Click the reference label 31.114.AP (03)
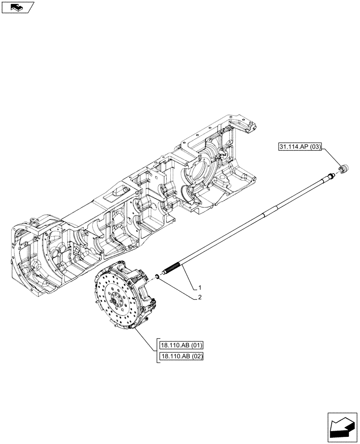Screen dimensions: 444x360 point(301,147)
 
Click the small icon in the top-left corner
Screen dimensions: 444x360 point(18,7)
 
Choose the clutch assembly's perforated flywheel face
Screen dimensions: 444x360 point(111,302)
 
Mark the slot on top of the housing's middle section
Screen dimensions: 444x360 point(116,192)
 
